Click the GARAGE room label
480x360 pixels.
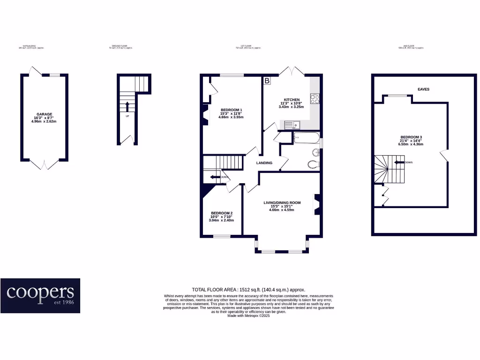[x=45, y=114]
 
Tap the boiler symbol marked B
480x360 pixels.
[x=267, y=81]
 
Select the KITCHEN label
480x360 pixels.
[x=291, y=100]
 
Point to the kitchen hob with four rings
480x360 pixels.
[x=315, y=98]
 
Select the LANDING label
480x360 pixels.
[x=264, y=163]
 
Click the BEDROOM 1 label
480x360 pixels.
[x=231, y=110]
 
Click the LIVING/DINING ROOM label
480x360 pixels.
[x=282, y=202]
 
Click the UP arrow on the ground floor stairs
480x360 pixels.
[x=127, y=106]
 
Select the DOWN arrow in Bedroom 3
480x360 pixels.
[x=399, y=162]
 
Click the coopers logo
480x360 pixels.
[x=40, y=295]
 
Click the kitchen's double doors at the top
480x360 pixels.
[x=292, y=71]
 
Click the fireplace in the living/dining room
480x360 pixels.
[x=317, y=204]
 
